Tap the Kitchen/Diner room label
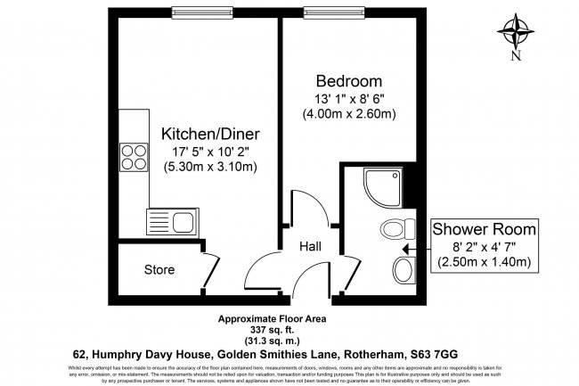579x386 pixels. pos(209,134)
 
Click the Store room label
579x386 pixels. pos(159,269)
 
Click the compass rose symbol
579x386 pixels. pos(516,32)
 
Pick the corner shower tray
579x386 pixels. pos(382,185)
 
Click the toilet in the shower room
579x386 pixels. pos(393,229)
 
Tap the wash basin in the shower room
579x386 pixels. pos(403,268)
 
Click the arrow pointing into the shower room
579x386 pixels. pos(409,250)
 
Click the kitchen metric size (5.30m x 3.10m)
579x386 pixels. pos(209,167)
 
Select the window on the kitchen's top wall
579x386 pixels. pos(191,12)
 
